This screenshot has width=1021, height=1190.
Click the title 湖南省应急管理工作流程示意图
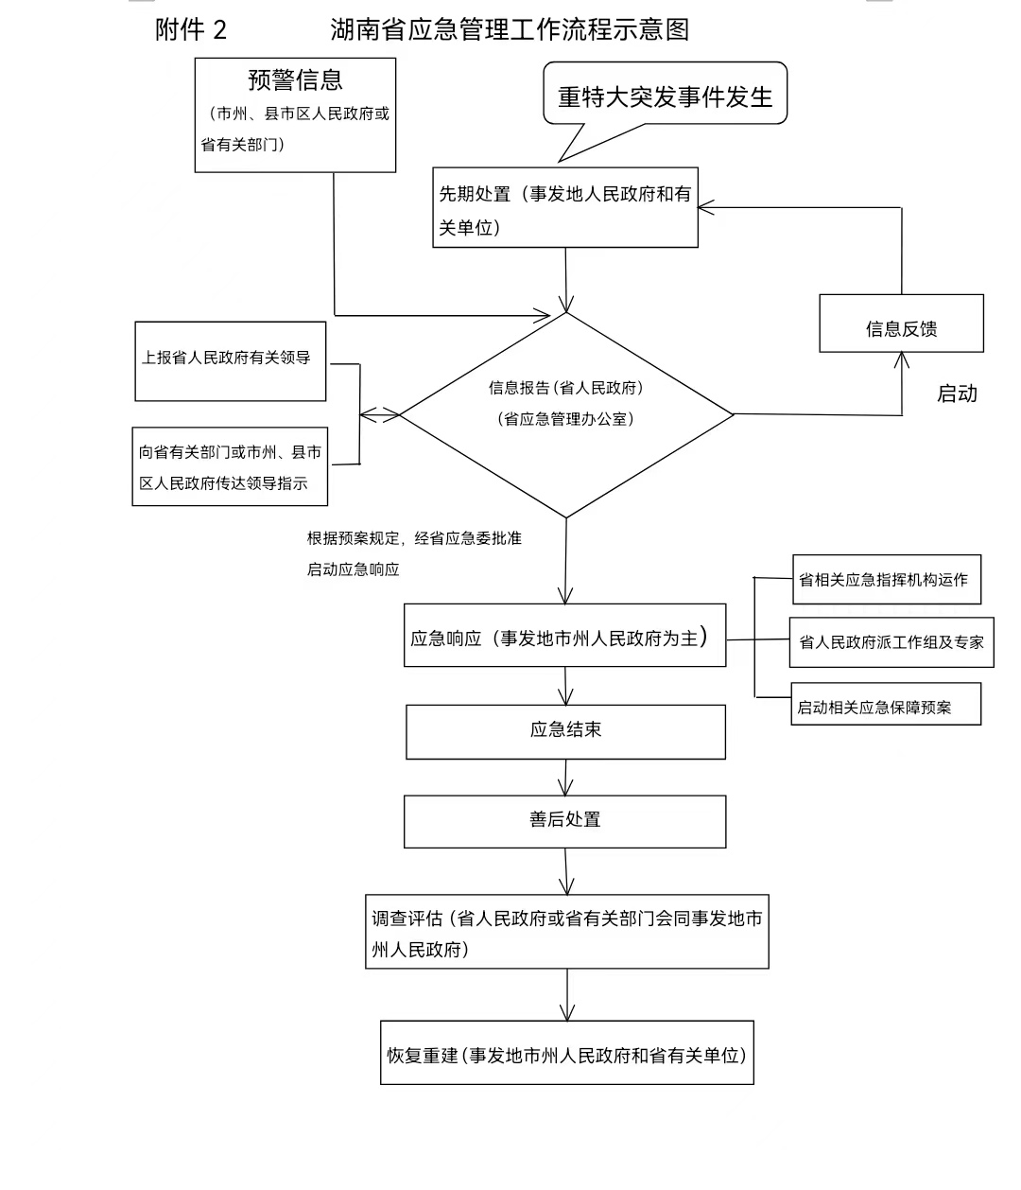tap(510, 29)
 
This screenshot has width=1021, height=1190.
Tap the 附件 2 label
tap(191, 30)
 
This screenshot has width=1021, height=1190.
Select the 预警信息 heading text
tap(295, 80)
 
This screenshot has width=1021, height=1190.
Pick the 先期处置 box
tap(565, 209)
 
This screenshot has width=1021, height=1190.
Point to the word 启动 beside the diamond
tap(957, 394)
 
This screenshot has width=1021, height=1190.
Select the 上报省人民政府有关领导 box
tap(231, 360)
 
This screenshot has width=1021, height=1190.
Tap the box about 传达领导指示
tap(230, 466)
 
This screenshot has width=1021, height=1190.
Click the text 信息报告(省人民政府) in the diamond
tap(565, 388)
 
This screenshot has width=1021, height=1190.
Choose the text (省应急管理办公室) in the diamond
tap(565, 418)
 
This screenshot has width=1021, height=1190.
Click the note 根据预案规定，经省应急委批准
tap(413, 538)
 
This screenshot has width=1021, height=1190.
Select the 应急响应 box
tap(564, 636)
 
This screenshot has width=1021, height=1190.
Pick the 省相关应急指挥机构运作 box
tap(885, 580)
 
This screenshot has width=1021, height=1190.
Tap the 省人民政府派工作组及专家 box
tap(891, 642)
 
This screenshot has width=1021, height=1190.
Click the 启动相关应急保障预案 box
tap(885, 706)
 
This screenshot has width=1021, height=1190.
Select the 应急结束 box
tap(565, 731)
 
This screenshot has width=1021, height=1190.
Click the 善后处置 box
tap(564, 820)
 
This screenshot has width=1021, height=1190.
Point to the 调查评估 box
tap(566, 932)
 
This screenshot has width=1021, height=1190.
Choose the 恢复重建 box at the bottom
tap(566, 1053)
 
